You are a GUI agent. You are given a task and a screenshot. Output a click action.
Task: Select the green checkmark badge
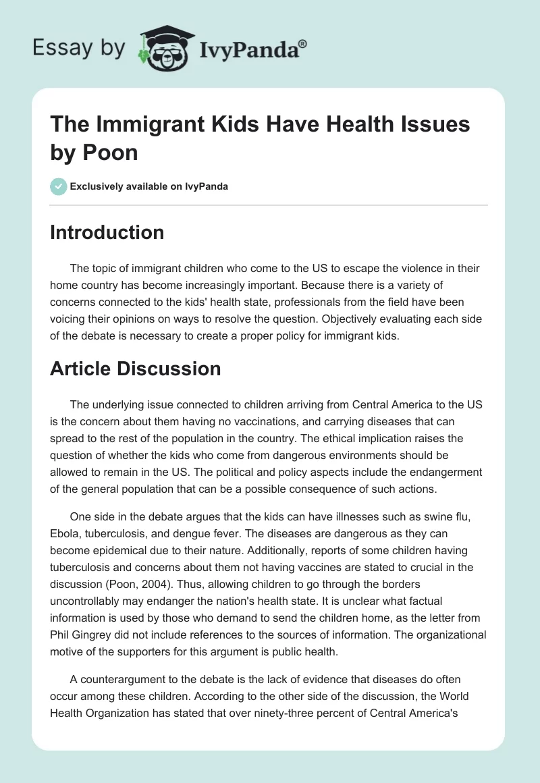click(x=59, y=186)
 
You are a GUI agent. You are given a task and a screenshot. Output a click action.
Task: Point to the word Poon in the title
click(x=111, y=152)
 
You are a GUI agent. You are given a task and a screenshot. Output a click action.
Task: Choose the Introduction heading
click(x=107, y=232)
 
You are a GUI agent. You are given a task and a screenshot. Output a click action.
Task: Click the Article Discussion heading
click(x=136, y=369)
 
